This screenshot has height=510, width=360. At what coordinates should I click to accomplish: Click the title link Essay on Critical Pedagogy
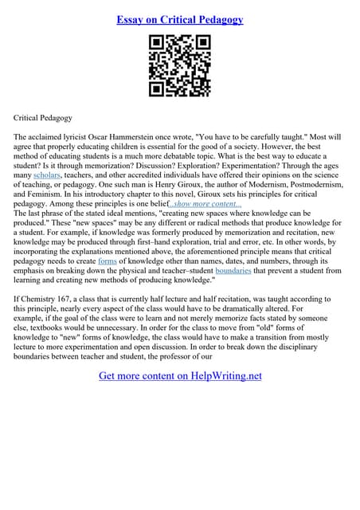[179, 18]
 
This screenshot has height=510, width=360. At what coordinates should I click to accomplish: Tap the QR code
[179, 67]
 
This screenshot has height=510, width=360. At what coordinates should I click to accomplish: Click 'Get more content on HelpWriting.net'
[179, 376]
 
